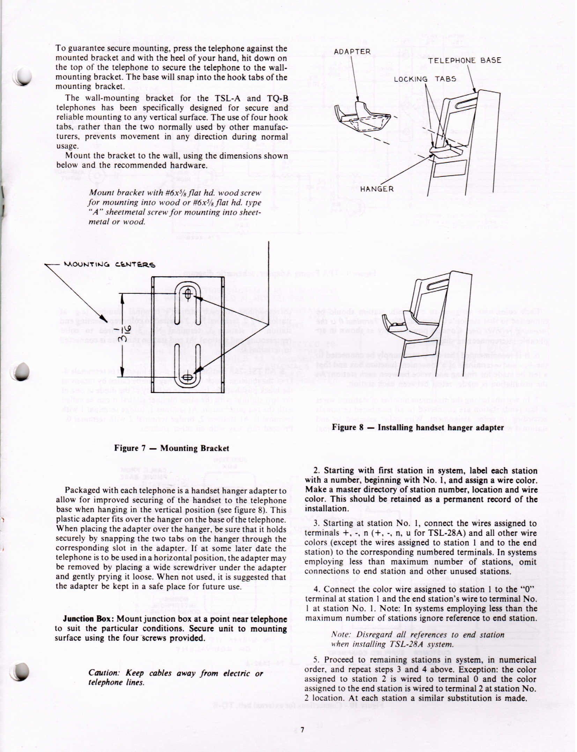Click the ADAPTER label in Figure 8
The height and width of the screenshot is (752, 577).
click(x=352, y=52)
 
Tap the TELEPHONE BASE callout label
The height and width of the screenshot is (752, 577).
click(x=465, y=60)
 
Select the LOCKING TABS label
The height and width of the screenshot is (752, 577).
click(x=425, y=79)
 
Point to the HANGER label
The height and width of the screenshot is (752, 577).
click(x=377, y=189)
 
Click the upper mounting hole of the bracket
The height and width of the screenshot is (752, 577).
click(x=187, y=294)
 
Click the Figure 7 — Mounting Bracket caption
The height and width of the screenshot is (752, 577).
click(x=171, y=448)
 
